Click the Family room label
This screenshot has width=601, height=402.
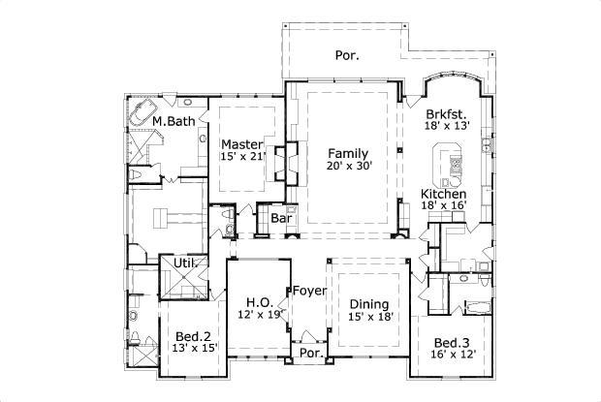coord(348,153)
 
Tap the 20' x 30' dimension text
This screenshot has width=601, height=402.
coord(348,166)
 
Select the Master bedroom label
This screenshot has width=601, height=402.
coord(241,144)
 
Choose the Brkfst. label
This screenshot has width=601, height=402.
coord(445,113)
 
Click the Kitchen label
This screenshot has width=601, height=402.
coord(443,194)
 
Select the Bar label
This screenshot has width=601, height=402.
coord(281,219)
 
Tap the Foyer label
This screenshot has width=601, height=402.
coord(309,290)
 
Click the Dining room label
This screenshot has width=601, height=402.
coord(370,303)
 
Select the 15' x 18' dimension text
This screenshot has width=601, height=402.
coord(370,316)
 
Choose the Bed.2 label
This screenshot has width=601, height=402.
coord(188,334)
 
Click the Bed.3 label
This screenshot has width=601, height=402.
coord(452,343)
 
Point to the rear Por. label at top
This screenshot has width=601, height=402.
coord(348,55)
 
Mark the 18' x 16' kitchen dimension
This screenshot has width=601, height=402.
coord(443,206)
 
